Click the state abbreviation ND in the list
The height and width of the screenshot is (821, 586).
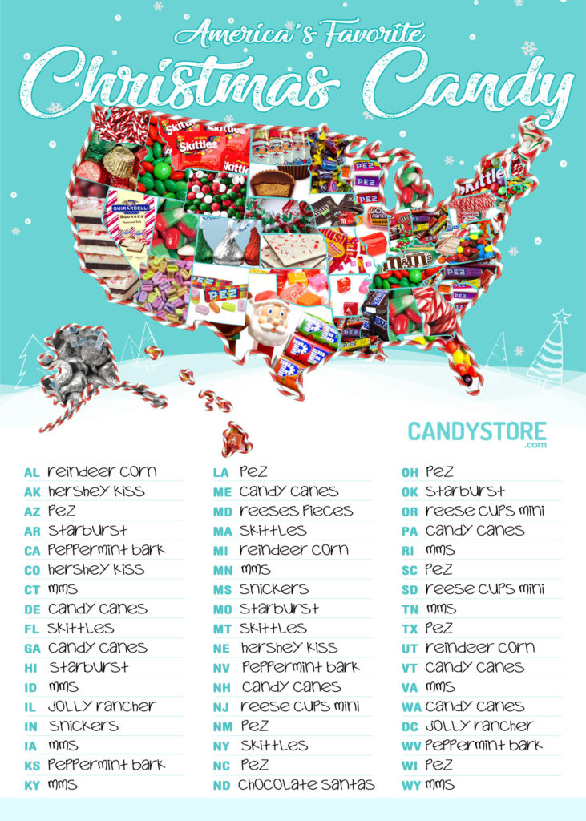pyautogui.click(x=221, y=785)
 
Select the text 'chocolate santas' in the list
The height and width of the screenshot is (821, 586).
pyautogui.click(x=306, y=784)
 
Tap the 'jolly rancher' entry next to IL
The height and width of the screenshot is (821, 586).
pyautogui.click(x=101, y=706)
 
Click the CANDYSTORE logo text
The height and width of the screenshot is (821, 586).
pyautogui.click(x=477, y=431)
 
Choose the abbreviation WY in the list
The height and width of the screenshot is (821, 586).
pyautogui.click(x=410, y=785)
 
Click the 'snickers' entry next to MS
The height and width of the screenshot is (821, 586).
pyautogui.click(x=274, y=589)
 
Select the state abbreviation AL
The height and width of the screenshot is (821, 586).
pyautogui.click(x=32, y=472)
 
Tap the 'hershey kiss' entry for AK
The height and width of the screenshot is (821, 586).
pyautogui.click(x=96, y=491)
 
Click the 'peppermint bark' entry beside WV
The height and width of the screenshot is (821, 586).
pyautogui.click(x=483, y=746)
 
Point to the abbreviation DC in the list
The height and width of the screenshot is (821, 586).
pyautogui.click(x=410, y=726)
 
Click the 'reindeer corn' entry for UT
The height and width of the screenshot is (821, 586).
pyautogui.click(x=479, y=648)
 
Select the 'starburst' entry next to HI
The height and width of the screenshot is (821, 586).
pyautogui.click(x=88, y=667)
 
